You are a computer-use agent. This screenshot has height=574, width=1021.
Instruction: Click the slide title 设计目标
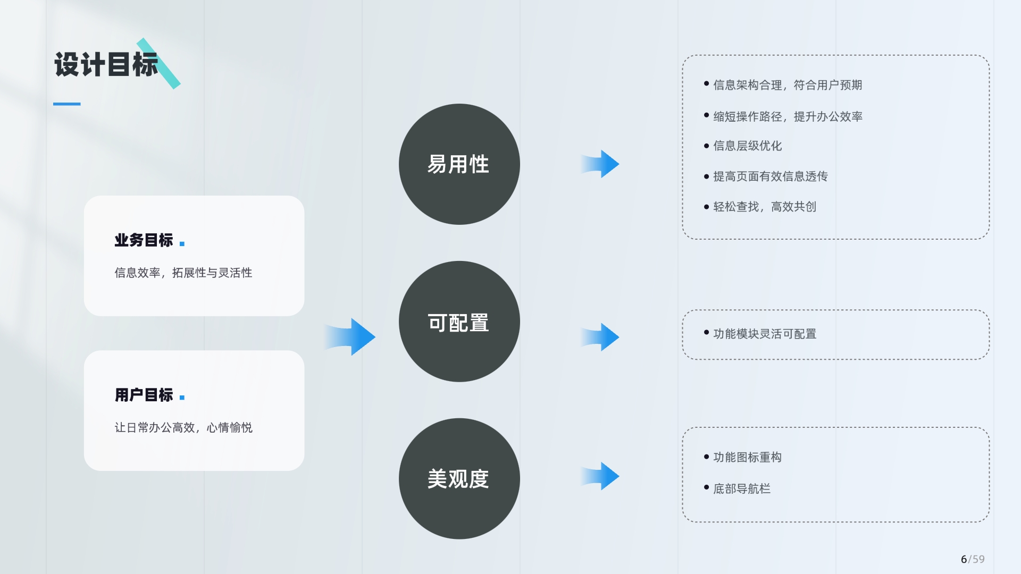[x=106, y=65]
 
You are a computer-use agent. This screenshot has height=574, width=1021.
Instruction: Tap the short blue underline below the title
[x=67, y=104]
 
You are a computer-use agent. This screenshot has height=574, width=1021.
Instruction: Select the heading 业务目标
[x=144, y=240]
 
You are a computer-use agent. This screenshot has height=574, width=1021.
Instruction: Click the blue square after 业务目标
[x=182, y=243]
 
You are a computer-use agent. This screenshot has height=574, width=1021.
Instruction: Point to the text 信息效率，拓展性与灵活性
[x=183, y=273]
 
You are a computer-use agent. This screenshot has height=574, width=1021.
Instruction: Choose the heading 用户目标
[x=144, y=395]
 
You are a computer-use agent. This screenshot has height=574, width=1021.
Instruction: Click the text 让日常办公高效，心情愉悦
[x=183, y=427]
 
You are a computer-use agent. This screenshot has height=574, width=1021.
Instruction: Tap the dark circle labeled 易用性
[x=459, y=164]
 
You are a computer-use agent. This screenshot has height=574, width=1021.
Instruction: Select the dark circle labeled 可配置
[x=459, y=322]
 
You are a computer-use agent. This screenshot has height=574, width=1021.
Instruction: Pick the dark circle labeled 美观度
[x=459, y=479]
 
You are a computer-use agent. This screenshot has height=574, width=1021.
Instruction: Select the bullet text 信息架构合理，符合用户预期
[x=788, y=85]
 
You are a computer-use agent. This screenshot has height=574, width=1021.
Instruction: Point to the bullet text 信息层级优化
[x=747, y=146]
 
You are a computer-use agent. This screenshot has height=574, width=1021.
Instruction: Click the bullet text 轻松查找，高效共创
[x=765, y=207]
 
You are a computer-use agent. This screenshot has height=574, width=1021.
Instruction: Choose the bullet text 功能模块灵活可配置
[x=765, y=334]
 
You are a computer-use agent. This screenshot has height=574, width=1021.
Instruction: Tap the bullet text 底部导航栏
[x=742, y=489]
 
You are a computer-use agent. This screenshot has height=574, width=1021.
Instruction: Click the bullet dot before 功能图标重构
[x=706, y=457]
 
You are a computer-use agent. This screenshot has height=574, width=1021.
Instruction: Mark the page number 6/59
[x=973, y=559]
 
